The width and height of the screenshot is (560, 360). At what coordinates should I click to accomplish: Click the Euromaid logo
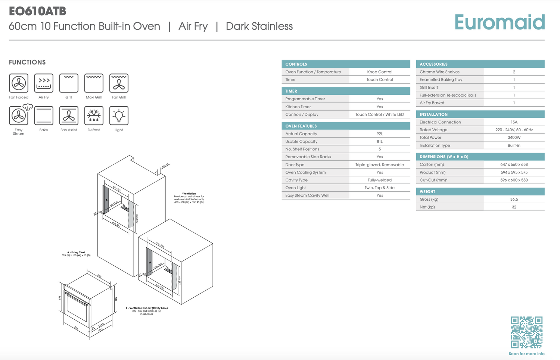coord(500,22)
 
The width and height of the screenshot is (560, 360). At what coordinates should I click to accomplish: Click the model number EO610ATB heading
coord(37,11)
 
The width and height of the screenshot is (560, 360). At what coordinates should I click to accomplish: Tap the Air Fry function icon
coord(44,83)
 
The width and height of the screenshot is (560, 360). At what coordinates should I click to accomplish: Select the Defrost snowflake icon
coord(94,116)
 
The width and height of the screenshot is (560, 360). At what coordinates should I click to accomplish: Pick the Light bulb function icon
coord(119,116)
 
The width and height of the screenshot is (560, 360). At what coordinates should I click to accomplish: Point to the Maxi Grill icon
coord(94,83)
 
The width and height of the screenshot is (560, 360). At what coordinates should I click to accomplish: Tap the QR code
coord(526,332)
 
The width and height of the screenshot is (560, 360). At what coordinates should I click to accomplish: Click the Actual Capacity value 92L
coord(380,134)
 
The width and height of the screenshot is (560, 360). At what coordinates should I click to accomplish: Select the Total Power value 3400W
coord(514,138)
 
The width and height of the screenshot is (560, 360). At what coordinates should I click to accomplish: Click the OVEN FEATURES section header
coord(301,126)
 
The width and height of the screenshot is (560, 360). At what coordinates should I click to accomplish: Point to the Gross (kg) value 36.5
coord(514,200)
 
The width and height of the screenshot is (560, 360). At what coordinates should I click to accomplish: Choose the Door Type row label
coord(295,165)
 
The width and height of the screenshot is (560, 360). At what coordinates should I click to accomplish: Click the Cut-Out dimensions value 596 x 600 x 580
coord(514,180)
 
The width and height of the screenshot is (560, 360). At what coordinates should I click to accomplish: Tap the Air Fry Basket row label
coord(432,103)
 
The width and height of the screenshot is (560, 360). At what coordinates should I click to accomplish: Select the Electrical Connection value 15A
coord(514,122)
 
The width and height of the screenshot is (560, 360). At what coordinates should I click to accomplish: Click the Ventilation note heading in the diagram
coord(189,194)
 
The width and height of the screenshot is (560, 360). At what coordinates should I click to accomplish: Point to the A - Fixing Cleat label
coord(76,253)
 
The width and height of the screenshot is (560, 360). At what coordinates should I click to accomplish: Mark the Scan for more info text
coord(526,354)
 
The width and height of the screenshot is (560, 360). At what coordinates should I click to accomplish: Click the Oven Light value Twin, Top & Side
coord(380,188)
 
